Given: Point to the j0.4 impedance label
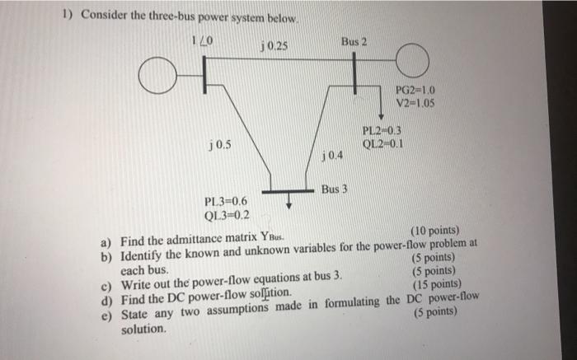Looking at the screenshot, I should coord(331,155).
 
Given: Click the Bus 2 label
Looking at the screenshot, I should coord(354,40).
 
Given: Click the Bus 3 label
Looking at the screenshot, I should coord(335,189).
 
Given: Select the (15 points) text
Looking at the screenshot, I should coord(435,287).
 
